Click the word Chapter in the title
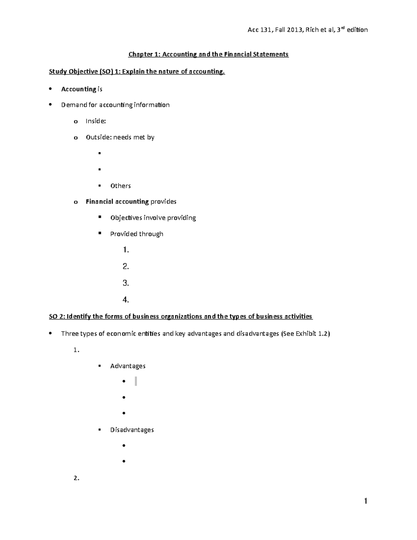click(x=140, y=54)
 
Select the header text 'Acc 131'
click(x=259, y=30)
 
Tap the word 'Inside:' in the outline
click(x=96, y=121)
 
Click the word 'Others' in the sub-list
click(x=120, y=186)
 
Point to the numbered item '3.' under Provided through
click(x=126, y=283)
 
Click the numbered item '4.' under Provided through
click(x=126, y=299)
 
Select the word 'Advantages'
click(x=128, y=366)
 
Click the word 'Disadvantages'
click(x=132, y=430)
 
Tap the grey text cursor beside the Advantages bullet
click(x=136, y=381)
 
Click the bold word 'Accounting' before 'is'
click(x=79, y=89)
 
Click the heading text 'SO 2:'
click(x=57, y=316)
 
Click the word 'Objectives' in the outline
click(x=126, y=218)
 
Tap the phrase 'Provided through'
click(x=137, y=234)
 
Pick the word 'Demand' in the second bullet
click(x=72, y=105)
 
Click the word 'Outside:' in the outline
click(x=99, y=137)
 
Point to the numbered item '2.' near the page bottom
click(x=76, y=478)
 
